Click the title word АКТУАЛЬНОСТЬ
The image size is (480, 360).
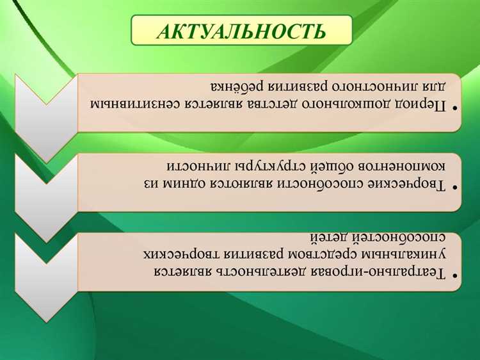click(241, 31)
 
